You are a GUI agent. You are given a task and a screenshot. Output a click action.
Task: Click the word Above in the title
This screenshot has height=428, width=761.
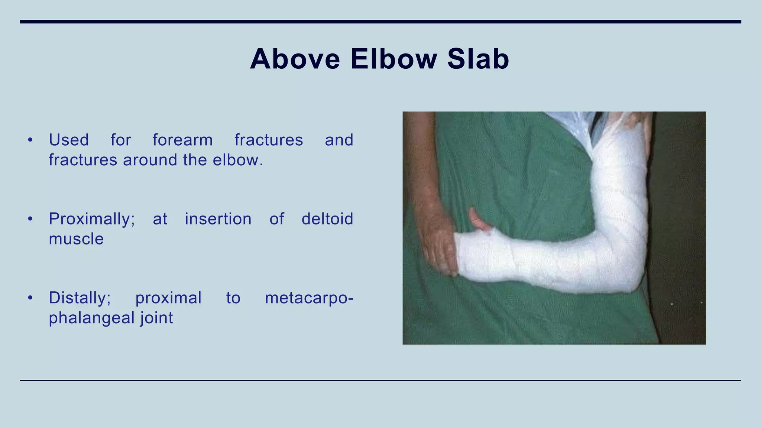[x=295, y=59]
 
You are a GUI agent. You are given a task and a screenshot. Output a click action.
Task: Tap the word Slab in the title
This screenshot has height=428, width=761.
[x=478, y=59]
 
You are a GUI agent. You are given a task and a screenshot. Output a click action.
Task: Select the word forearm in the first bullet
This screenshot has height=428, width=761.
[x=182, y=140]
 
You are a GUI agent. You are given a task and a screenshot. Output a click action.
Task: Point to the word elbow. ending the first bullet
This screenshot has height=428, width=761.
[x=238, y=160]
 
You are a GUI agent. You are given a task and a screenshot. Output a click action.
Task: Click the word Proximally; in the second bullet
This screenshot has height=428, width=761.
[x=92, y=219]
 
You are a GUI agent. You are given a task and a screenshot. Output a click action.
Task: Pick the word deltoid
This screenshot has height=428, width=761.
[x=327, y=219]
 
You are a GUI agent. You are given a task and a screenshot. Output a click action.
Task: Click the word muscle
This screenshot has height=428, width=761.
[x=76, y=239]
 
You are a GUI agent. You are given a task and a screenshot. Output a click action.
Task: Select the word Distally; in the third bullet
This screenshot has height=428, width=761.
[x=80, y=298]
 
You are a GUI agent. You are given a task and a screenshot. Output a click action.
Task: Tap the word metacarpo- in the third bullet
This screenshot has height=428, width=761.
[x=309, y=298]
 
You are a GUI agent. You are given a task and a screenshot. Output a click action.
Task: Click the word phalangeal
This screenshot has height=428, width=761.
[x=91, y=318]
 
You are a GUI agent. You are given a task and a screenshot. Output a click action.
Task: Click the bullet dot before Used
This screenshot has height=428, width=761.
[x=30, y=140]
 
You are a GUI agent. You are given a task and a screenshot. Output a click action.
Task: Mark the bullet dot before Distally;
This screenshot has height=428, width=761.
[x=30, y=298]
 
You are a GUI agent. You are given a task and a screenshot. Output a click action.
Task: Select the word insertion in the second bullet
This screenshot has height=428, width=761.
[x=218, y=219]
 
